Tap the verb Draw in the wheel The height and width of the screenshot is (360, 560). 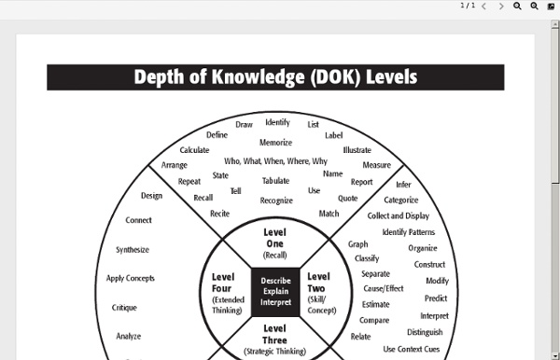[244, 124]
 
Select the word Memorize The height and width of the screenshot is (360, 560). [275, 143]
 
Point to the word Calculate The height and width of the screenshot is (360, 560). [194, 150]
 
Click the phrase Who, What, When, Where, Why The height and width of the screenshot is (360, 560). [275, 160]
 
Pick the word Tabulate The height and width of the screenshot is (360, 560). [275, 181]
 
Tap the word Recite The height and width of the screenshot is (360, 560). [219, 214]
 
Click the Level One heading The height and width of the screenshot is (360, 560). [274, 238]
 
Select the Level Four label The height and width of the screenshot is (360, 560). [223, 283]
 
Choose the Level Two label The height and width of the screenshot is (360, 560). [318, 283]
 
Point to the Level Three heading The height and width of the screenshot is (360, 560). [274, 328]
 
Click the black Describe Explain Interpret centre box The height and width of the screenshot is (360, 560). [275, 291]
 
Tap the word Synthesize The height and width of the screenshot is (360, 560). [133, 250]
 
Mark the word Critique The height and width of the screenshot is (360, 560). [124, 307]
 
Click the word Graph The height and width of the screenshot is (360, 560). [358, 244]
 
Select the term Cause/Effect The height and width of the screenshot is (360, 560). [383, 288]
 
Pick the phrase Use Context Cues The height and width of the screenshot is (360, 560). [412, 349]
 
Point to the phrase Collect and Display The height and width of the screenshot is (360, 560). [399, 215]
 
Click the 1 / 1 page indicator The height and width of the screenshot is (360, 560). [468, 6]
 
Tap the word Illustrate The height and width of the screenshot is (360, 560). [357, 149]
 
